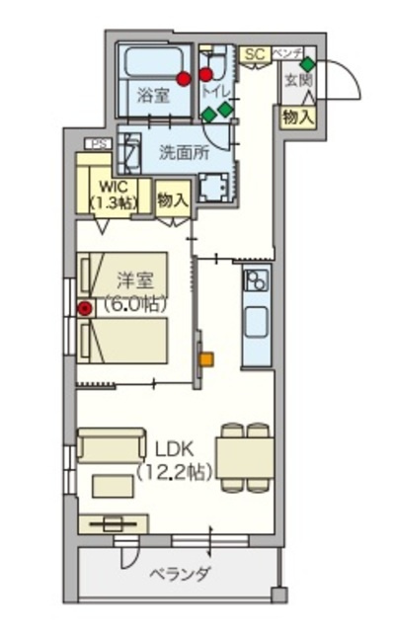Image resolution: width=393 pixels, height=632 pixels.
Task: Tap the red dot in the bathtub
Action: [x=183, y=78]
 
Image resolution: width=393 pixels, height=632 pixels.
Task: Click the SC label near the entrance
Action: [x=254, y=53]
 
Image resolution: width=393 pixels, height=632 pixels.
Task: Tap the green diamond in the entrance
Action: [x=307, y=64]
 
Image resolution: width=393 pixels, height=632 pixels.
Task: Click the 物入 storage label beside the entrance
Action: [x=297, y=117]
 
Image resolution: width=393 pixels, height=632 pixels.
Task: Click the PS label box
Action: [x=97, y=144]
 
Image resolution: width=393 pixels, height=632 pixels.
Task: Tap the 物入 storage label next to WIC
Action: [x=172, y=199]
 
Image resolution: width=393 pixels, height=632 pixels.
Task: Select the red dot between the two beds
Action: [x=85, y=308]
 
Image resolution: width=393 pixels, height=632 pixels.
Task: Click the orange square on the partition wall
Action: [x=205, y=359]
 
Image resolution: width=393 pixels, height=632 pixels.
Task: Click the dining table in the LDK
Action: [x=245, y=456]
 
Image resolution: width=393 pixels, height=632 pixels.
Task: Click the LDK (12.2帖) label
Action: [x=173, y=460]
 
